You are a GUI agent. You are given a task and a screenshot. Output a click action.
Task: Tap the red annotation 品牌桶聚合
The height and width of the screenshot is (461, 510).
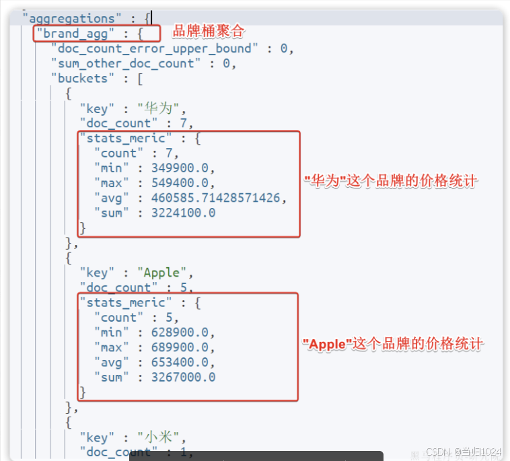click(x=209, y=31)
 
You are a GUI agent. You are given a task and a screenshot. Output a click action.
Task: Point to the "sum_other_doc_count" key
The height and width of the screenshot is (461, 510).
click(x=126, y=63)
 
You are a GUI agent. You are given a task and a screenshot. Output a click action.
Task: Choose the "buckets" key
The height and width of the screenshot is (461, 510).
click(x=83, y=78)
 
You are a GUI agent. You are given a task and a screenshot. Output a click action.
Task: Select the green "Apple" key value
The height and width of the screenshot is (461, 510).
click(x=161, y=273)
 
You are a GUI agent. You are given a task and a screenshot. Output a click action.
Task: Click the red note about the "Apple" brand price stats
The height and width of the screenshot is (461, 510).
click(x=394, y=344)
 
